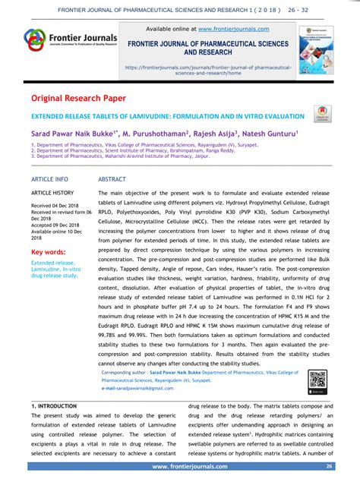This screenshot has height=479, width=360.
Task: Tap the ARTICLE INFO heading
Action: point(49,179)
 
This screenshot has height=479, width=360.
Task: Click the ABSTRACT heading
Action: point(112,179)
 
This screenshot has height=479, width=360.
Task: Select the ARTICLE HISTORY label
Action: point(52,193)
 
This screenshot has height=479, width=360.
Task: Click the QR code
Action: point(317,380)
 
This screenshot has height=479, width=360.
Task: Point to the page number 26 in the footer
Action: point(329,466)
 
